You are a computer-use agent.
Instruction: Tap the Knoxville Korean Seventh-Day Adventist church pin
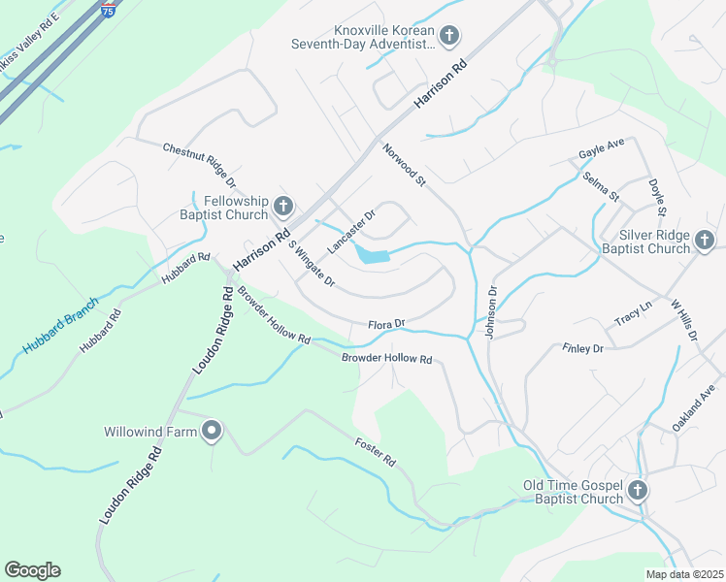pyautogui.click(x=447, y=37)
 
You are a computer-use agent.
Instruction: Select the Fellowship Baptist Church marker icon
pyautogui.click(x=283, y=206)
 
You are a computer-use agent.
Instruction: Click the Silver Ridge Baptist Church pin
pyautogui.click(x=704, y=240)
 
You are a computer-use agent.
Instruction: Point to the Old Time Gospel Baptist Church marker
pyautogui.click(x=638, y=490)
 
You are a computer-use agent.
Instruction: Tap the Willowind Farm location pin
pyautogui.click(x=212, y=432)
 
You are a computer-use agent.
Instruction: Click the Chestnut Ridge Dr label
pyautogui.click(x=199, y=162)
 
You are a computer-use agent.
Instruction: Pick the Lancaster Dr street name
pyautogui.click(x=350, y=232)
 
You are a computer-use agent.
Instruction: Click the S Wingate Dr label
pyautogui.click(x=311, y=267)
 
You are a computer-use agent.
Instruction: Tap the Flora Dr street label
pyautogui.click(x=385, y=324)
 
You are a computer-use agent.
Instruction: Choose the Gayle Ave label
pyautogui.click(x=601, y=148)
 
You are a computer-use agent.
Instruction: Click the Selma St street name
pyautogui.click(x=601, y=186)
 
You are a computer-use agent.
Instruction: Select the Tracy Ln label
pyautogui.click(x=633, y=316)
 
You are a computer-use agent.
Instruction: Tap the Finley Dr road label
pyautogui.click(x=582, y=347)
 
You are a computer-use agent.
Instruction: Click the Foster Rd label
pyautogui.click(x=375, y=452)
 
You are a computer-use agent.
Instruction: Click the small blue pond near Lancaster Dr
pyautogui.click(x=372, y=255)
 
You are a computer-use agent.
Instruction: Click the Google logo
pyautogui.click(x=32, y=569)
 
